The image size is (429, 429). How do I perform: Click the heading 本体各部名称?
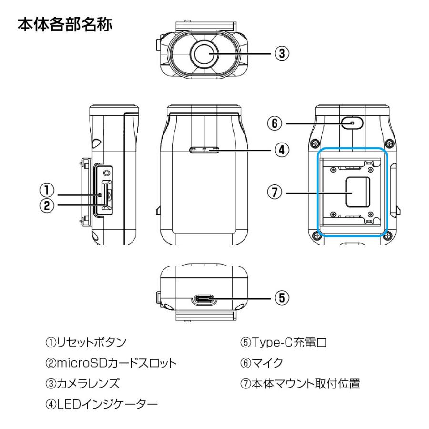pos(65,25)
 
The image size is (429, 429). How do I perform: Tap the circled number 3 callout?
pos(282,54)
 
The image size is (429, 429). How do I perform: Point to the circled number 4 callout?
pos(282,150)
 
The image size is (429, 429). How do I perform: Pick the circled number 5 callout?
pos(282,298)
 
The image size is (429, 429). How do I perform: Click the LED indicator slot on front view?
pos(204,150)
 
